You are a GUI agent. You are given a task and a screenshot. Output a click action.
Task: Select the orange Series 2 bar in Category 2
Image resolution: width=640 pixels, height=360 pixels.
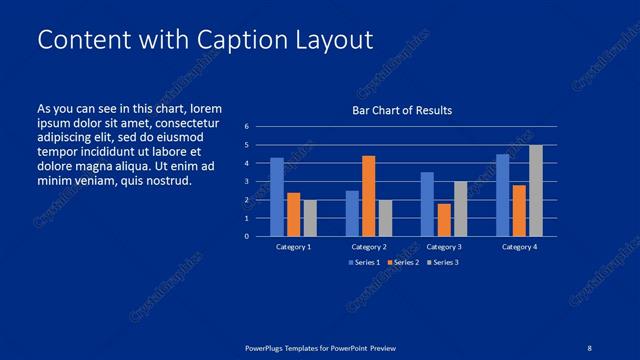point(368,196)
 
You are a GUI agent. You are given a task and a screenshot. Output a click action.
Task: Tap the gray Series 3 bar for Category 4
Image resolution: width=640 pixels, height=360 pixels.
point(536,191)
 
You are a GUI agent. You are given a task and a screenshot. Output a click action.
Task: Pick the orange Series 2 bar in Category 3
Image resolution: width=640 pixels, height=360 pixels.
point(443,220)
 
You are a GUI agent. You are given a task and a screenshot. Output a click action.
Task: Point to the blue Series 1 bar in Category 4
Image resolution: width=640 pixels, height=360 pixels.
point(503,195)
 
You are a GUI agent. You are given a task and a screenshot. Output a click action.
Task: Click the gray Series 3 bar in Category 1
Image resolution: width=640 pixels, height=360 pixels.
point(310,218)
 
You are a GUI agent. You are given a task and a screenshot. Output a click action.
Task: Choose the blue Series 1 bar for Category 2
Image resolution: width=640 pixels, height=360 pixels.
point(352,213)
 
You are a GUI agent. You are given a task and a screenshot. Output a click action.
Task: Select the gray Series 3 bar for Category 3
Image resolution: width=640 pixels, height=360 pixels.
point(460,209)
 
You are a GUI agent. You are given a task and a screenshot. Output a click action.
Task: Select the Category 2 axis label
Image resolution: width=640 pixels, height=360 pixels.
point(369,246)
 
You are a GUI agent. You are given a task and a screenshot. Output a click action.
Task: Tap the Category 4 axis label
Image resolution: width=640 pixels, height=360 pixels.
point(519,246)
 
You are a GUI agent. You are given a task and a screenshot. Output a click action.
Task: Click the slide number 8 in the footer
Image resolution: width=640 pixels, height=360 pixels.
point(589,347)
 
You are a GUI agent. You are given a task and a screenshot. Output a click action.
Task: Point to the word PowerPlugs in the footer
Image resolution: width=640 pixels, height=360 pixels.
point(269,347)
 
